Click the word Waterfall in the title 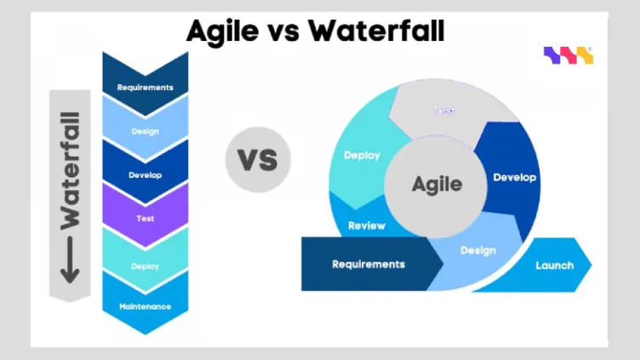click(376, 31)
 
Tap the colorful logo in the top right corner click(568, 56)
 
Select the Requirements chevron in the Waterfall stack click(145, 85)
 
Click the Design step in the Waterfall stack click(145, 130)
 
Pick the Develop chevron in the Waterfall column click(145, 174)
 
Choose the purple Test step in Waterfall click(145, 218)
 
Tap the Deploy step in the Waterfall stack click(145, 265)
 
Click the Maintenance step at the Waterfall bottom click(145, 306)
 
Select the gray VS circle click(258, 159)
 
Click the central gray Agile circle click(437, 184)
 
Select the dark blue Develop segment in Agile click(514, 177)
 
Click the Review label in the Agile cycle click(367, 226)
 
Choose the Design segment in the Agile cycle click(477, 250)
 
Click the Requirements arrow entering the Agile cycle click(369, 264)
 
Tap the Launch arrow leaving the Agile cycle click(554, 265)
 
